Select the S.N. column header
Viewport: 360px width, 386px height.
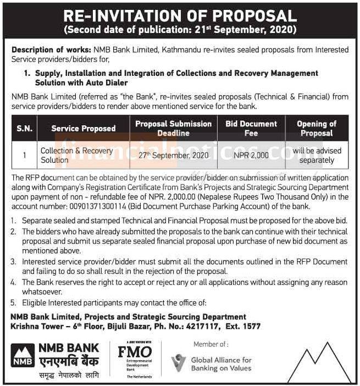[24, 128]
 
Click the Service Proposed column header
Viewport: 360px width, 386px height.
[83, 128]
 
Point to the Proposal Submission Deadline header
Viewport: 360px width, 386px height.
[173, 128]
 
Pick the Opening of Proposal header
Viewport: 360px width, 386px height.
[317, 128]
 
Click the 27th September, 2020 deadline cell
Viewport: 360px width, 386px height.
[173, 156]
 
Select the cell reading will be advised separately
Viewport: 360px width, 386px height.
[317, 156]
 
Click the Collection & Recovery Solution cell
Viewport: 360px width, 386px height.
[76, 155]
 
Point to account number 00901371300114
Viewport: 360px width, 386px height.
[93, 206]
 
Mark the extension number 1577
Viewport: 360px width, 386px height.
[252, 327]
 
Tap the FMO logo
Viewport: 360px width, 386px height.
[135, 352]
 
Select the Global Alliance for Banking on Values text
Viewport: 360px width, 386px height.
[220, 364]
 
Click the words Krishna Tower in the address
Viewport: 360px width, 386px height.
[34, 327]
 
